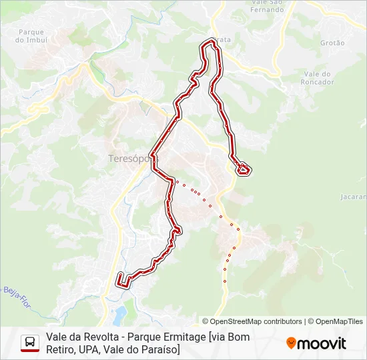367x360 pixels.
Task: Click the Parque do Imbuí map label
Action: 31,36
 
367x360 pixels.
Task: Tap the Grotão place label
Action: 332,43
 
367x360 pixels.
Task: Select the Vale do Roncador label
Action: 318,78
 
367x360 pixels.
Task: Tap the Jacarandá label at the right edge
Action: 354,197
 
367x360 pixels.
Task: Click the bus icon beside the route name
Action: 30,343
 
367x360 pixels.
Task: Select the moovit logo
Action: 316,343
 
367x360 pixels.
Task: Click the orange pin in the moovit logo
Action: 291,343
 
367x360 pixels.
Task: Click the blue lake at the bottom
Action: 120,313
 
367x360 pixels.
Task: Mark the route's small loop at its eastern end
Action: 243,169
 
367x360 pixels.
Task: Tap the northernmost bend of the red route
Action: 212,43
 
